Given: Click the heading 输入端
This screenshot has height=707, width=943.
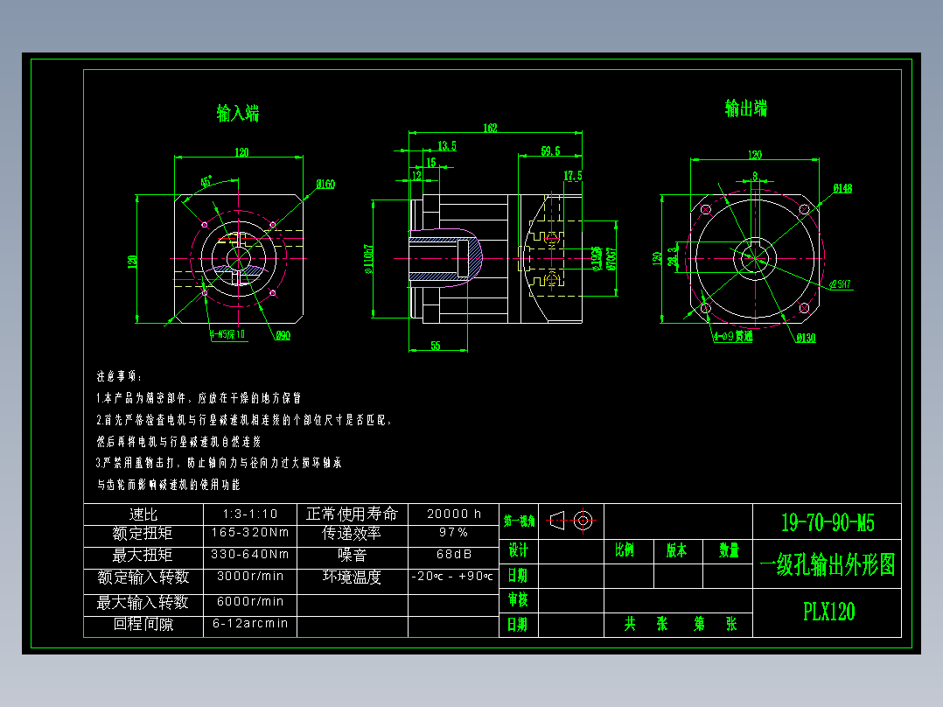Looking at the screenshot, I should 237,113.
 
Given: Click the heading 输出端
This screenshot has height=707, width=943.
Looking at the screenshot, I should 746,108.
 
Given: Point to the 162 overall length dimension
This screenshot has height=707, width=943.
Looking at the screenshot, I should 490,129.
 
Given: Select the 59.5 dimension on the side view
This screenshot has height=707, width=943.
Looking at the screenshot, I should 550,151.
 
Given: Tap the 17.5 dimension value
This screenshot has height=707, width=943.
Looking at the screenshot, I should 573,176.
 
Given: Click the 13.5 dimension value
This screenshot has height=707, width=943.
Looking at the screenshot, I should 446,145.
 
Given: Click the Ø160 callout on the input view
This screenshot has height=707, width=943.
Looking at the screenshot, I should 325,185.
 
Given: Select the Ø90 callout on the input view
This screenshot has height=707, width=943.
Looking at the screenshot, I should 283,336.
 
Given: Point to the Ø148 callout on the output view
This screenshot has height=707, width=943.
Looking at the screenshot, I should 842,188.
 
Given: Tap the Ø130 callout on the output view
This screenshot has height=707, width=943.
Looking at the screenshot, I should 805,338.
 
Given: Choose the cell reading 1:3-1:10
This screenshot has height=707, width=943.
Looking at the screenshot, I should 249,514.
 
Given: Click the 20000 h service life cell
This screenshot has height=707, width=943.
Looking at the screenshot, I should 453,514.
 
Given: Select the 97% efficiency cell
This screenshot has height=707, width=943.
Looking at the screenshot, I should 453,533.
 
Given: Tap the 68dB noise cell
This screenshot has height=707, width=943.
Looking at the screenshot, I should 453,555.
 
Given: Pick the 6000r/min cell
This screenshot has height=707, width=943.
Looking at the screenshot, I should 249,602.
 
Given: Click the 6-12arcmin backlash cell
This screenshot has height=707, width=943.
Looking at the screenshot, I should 249,625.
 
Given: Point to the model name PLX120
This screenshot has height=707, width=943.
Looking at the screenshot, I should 828,612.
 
